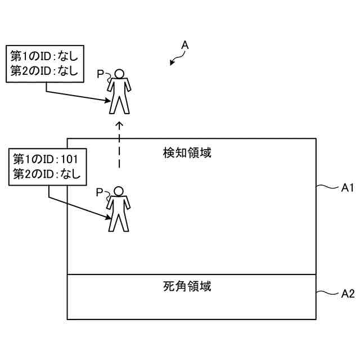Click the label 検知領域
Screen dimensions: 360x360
pyautogui.click(x=187, y=152)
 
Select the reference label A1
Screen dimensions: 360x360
pyautogui.click(x=347, y=188)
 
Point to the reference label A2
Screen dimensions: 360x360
pyautogui.click(x=348, y=293)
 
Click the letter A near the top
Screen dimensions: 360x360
pyautogui.click(x=185, y=45)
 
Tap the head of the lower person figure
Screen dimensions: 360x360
pyautogui.click(x=119, y=191)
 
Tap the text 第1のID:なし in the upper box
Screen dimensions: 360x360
pyautogui.click(x=44, y=56)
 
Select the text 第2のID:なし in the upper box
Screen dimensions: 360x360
pyautogui.click(x=44, y=71)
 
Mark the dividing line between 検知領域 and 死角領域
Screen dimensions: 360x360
pyautogui.click(x=191, y=274)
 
